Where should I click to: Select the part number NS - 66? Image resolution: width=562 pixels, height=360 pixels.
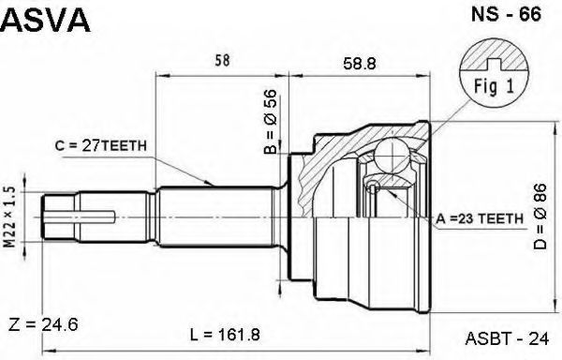[x=506, y=14]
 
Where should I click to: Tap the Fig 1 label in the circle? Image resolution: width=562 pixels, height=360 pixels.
[x=494, y=86]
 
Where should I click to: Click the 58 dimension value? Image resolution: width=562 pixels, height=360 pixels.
[x=222, y=61]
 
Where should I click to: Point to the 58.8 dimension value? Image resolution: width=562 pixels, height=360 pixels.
[x=359, y=64]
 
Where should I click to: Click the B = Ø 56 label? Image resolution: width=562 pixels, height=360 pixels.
[x=271, y=121]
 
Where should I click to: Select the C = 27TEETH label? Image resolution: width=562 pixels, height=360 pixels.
[x=101, y=145]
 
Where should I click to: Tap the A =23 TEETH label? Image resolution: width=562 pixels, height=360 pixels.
[x=480, y=218]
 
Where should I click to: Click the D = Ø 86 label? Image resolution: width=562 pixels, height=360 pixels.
[x=540, y=217]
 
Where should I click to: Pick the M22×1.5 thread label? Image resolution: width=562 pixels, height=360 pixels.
[x=10, y=217]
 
